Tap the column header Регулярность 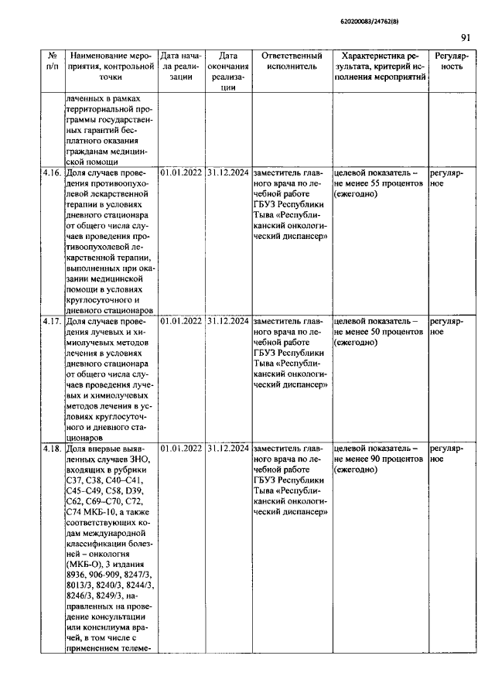pyautogui.click(x=452, y=62)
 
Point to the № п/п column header pyautogui.click(x=53, y=62)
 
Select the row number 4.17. pyautogui.click(x=53, y=321)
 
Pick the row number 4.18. pyautogui.click(x=53, y=448)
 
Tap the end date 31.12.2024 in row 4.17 pyautogui.click(x=228, y=321)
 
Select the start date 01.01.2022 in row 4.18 pyautogui.click(x=181, y=448)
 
